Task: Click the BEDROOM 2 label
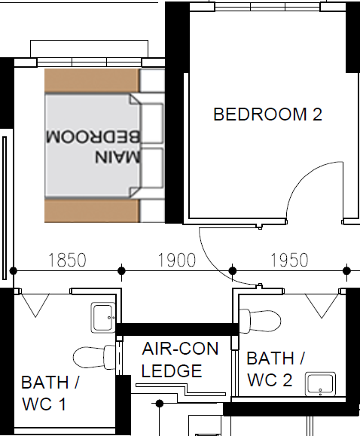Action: pyautogui.click(x=267, y=114)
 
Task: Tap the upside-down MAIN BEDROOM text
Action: pyautogui.click(x=93, y=146)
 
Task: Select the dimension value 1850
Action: pyautogui.click(x=67, y=260)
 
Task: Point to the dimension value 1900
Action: pyautogui.click(x=177, y=260)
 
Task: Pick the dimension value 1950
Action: pyautogui.click(x=289, y=260)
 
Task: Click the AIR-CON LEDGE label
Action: pyautogui.click(x=180, y=359)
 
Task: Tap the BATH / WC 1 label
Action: pyautogui.click(x=50, y=393)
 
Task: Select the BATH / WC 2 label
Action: pyautogui.click(x=276, y=369)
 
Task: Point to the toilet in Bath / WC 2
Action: pyautogui.click(x=260, y=321)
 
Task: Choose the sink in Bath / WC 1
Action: pyautogui.click(x=103, y=317)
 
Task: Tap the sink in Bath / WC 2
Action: pyautogui.click(x=320, y=384)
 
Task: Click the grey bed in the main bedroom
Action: pyautogui.click(x=93, y=146)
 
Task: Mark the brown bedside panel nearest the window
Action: pyautogui.click(x=92, y=81)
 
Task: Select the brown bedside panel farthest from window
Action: pyautogui.click(x=92, y=211)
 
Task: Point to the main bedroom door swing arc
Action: pyautogui.click(x=214, y=267)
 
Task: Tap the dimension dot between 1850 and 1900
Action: pyautogui.click(x=121, y=270)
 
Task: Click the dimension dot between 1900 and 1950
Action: pyautogui.click(x=233, y=270)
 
